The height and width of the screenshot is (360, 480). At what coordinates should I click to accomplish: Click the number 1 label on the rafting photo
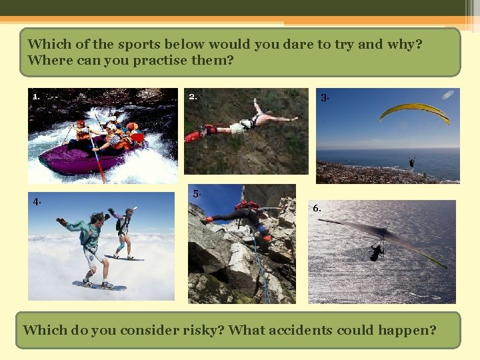tap(36, 96)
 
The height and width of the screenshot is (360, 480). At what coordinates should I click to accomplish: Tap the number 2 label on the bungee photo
tap(193, 96)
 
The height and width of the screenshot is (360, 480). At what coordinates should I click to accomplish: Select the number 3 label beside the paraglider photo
tap(325, 98)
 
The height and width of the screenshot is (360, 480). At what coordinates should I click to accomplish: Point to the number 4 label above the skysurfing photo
tap(37, 201)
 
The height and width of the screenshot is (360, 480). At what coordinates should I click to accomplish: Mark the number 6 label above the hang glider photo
tap(317, 208)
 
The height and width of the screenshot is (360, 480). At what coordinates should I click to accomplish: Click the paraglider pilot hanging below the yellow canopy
tap(412, 162)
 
